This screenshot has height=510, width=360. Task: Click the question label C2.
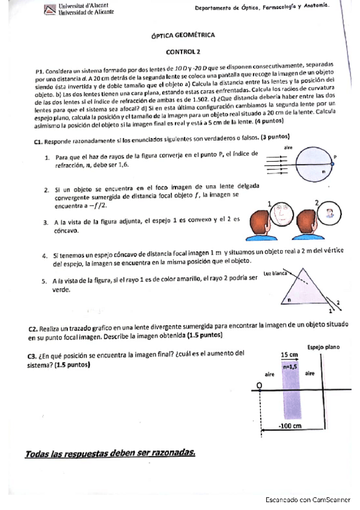click(34, 328)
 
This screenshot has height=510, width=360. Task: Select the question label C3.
click(33, 355)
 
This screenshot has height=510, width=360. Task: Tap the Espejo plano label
click(323, 347)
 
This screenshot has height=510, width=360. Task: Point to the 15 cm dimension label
click(289, 355)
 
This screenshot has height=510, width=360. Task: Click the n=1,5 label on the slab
click(290, 365)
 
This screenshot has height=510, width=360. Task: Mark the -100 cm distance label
click(290, 426)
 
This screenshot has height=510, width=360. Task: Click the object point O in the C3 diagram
click(258, 384)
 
